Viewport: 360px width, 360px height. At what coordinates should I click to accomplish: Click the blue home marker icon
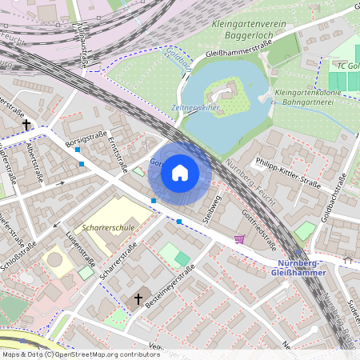tap(180, 172)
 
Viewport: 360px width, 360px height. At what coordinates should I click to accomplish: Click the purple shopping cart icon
tap(239, 238)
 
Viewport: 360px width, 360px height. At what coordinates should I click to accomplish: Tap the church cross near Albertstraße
tap(26, 125)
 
